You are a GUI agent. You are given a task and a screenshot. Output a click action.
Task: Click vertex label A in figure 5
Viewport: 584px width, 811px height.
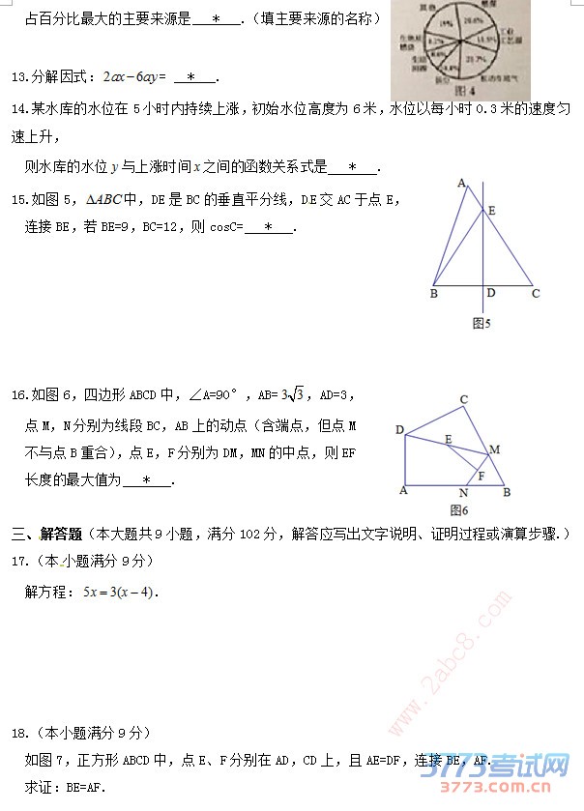click(x=461, y=183)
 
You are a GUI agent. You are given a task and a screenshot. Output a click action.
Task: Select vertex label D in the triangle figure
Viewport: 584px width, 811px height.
click(x=491, y=293)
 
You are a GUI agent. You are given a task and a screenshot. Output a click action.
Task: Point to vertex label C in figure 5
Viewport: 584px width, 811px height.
click(x=535, y=294)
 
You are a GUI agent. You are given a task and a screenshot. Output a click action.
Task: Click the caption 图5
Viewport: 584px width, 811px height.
click(x=482, y=324)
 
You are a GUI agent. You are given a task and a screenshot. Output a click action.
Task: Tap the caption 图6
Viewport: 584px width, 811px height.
click(x=458, y=509)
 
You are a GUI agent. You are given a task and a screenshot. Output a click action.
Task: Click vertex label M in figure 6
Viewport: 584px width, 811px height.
click(x=495, y=449)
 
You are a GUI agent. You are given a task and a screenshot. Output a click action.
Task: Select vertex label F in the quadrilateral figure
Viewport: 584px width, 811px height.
click(x=481, y=475)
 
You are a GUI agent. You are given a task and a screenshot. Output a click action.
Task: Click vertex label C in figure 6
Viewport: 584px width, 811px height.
click(x=464, y=399)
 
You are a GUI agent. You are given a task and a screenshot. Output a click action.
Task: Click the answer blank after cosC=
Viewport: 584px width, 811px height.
click(x=270, y=228)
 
